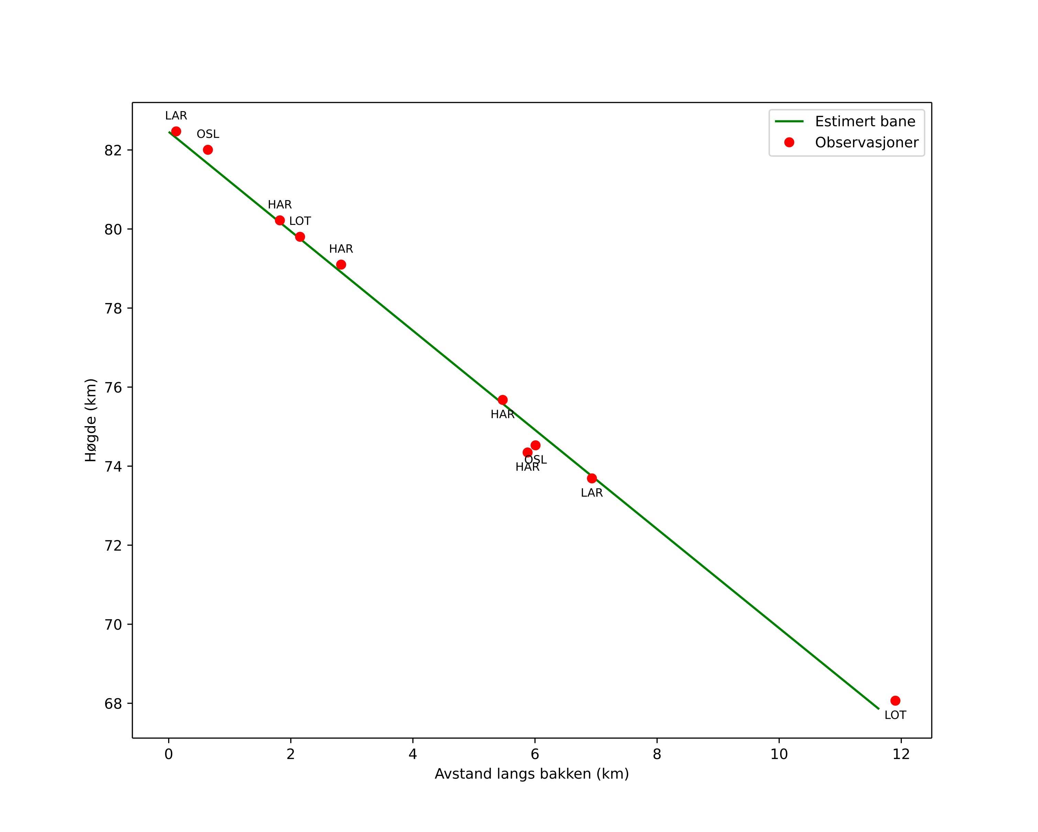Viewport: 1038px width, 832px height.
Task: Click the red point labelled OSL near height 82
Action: [x=208, y=150]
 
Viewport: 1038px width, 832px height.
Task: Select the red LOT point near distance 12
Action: [x=895, y=701]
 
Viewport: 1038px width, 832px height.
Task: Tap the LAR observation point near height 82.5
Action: [x=176, y=131]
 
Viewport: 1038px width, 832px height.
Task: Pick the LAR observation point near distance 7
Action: [x=592, y=478]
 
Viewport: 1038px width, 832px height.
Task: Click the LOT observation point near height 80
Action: [x=300, y=237]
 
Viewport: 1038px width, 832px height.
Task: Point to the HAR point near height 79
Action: [x=341, y=264]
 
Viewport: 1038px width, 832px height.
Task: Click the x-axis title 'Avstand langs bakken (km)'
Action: [x=532, y=774]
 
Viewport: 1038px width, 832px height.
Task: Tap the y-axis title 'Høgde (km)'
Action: [x=90, y=420]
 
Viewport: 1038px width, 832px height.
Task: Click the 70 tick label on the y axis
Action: [x=113, y=625]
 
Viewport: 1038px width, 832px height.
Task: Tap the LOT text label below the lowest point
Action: [x=895, y=715]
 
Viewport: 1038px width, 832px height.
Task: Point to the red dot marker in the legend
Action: [x=789, y=142]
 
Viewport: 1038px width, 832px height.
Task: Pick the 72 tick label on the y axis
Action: [x=113, y=546]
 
